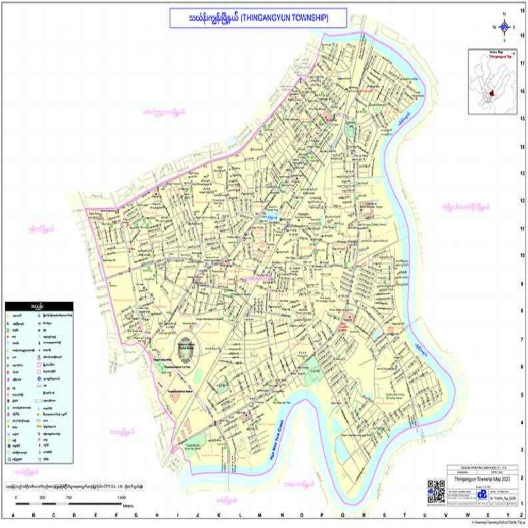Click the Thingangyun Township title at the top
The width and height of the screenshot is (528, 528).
coord(258,18)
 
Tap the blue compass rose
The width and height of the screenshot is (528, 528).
coord(505,27)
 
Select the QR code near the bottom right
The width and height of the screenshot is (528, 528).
coord(436,491)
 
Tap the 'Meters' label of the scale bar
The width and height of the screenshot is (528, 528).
coord(128,505)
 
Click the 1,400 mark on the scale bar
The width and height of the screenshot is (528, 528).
coord(121,497)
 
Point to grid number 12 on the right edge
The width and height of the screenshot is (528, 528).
coord(522,201)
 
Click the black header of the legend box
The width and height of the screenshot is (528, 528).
coord(39,306)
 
